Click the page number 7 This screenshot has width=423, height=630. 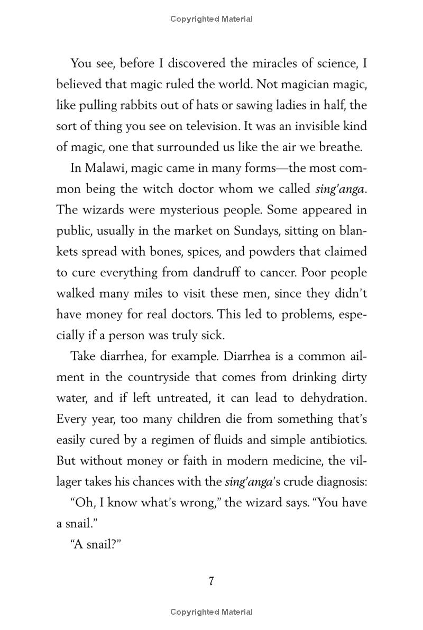pos(212,581)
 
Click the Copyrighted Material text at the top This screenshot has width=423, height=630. pos(212,19)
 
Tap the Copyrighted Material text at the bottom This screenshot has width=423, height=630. pos(212,612)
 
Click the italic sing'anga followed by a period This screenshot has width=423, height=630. pos(341,189)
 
